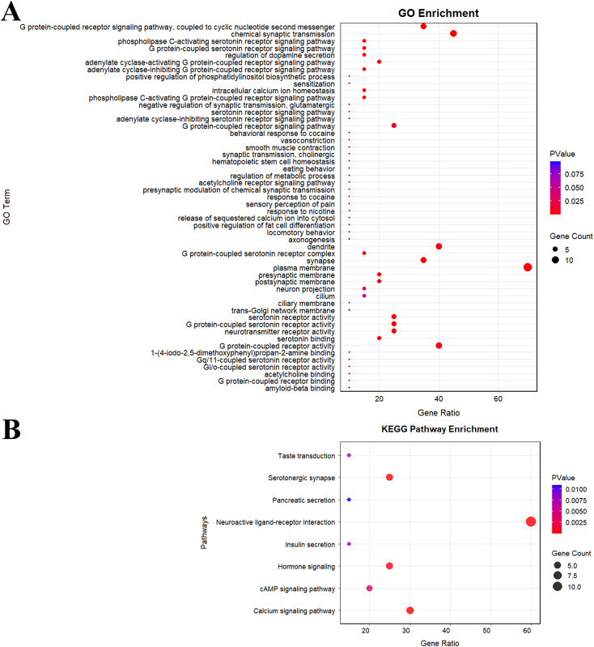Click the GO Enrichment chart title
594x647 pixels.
coord(439,14)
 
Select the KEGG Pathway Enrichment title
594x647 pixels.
coord(439,428)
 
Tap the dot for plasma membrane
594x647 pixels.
coord(528,267)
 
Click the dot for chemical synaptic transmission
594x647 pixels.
coord(453,33)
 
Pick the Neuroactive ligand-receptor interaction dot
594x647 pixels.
coord(530,521)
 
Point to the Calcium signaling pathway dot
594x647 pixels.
coord(409,611)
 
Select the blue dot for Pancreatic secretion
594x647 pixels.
coord(349,500)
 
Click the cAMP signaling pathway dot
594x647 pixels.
coord(369,589)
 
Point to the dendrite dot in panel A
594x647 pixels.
coord(439,246)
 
